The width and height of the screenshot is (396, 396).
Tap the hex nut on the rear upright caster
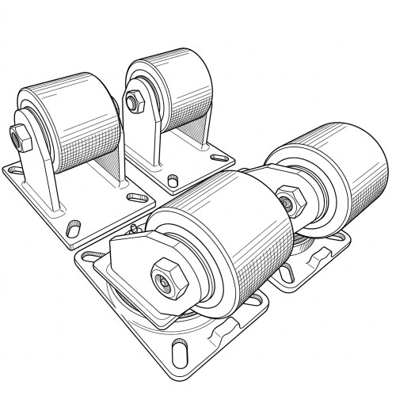coord(132,101)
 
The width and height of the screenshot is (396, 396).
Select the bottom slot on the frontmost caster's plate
coord(180,350)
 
